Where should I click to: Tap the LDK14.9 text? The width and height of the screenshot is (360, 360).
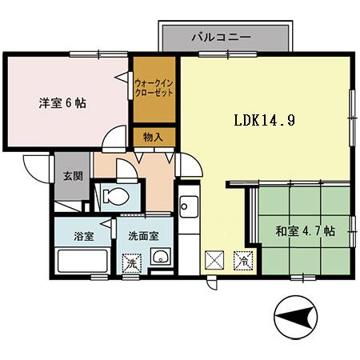tap(266, 122)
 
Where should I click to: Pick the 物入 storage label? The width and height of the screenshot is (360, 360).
tap(153, 138)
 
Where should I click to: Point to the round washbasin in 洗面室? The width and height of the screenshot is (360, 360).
tap(161, 257)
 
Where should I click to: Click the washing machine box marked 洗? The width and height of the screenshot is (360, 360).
tap(130, 262)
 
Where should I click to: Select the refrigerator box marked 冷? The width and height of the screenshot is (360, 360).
tap(241, 261)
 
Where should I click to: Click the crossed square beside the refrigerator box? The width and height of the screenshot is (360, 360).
tap(214, 260)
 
